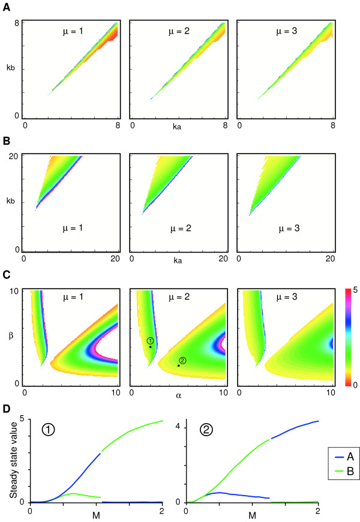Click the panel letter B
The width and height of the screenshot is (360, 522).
pyautogui.click(x=6, y=143)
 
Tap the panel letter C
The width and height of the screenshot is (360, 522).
pyautogui.click(x=6, y=277)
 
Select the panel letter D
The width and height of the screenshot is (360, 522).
pyautogui.click(x=6, y=408)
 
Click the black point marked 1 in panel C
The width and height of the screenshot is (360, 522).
pyautogui.click(x=150, y=347)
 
